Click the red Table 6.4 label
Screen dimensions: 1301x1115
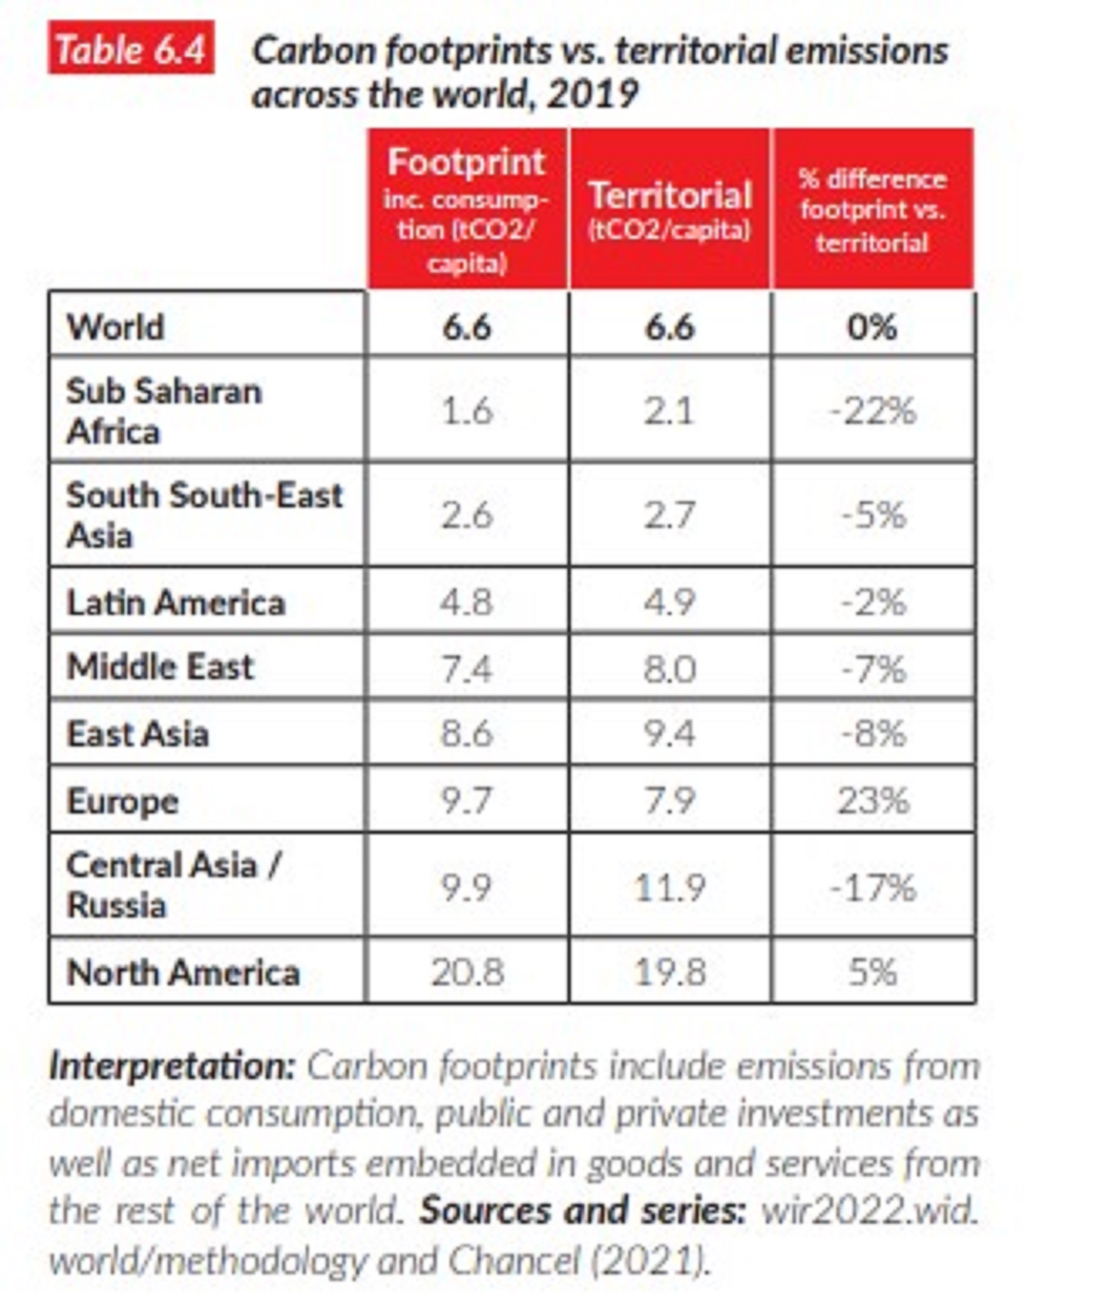[x=130, y=49]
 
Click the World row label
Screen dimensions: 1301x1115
[x=116, y=326]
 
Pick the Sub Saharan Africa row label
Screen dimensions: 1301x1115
[x=164, y=411]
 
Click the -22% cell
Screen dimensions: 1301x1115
[x=872, y=411]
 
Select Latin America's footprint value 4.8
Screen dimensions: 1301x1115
[x=466, y=603]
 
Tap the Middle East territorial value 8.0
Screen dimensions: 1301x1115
[x=669, y=668]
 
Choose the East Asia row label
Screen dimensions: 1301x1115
[x=138, y=734]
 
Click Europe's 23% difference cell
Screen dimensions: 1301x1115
[x=873, y=800]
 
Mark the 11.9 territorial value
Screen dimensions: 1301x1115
[x=669, y=887]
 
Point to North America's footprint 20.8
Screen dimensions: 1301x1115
[x=467, y=972]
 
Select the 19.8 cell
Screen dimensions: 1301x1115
[x=669, y=972]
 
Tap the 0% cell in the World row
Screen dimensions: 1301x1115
[x=872, y=326]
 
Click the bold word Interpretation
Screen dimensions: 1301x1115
[x=172, y=1066]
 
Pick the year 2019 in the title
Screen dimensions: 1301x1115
[x=592, y=94]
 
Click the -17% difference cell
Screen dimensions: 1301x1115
[x=872, y=887]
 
